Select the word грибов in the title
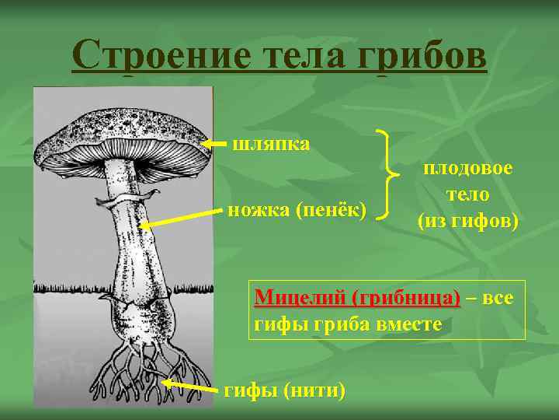click(x=423, y=56)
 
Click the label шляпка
click(x=271, y=144)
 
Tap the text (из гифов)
click(x=467, y=220)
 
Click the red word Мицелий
click(x=299, y=298)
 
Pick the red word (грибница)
click(x=406, y=298)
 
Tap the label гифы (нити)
click(x=284, y=390)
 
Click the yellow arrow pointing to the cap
click(x=215, y=144)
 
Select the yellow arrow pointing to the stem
click(x=179, y=218)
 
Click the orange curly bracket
click(x=388, y=176)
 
